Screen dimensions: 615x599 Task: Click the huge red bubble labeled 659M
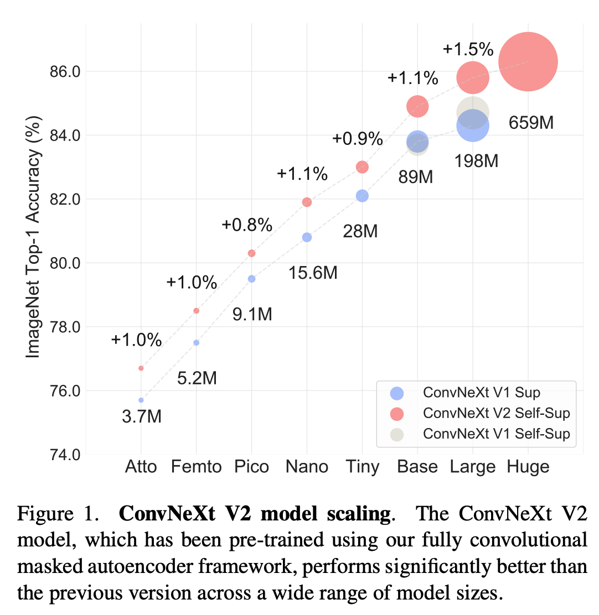(528, 61)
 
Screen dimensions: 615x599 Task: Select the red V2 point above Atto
(141, 368)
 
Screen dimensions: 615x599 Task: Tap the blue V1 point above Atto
(141, 400)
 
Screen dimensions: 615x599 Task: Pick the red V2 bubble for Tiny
(362, 167)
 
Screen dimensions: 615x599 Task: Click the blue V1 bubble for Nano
(307, 237)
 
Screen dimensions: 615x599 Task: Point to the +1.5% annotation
(468, 50)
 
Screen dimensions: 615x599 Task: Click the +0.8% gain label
(247, 225)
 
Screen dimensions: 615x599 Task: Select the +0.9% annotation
(358, 138)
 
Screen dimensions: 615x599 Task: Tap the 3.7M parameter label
(142, 416)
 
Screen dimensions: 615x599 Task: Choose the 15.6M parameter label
(313, 273)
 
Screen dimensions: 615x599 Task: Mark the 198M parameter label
(476, 161)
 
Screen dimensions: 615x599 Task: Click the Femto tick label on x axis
(196, 467)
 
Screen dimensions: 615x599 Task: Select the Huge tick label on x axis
(528, 467)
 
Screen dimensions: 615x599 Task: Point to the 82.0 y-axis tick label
(65, 199)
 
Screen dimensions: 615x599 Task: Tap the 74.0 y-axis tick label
(65, 455)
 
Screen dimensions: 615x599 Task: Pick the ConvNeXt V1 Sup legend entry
(481, 393)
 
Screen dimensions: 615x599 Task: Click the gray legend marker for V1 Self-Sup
(397, 434)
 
